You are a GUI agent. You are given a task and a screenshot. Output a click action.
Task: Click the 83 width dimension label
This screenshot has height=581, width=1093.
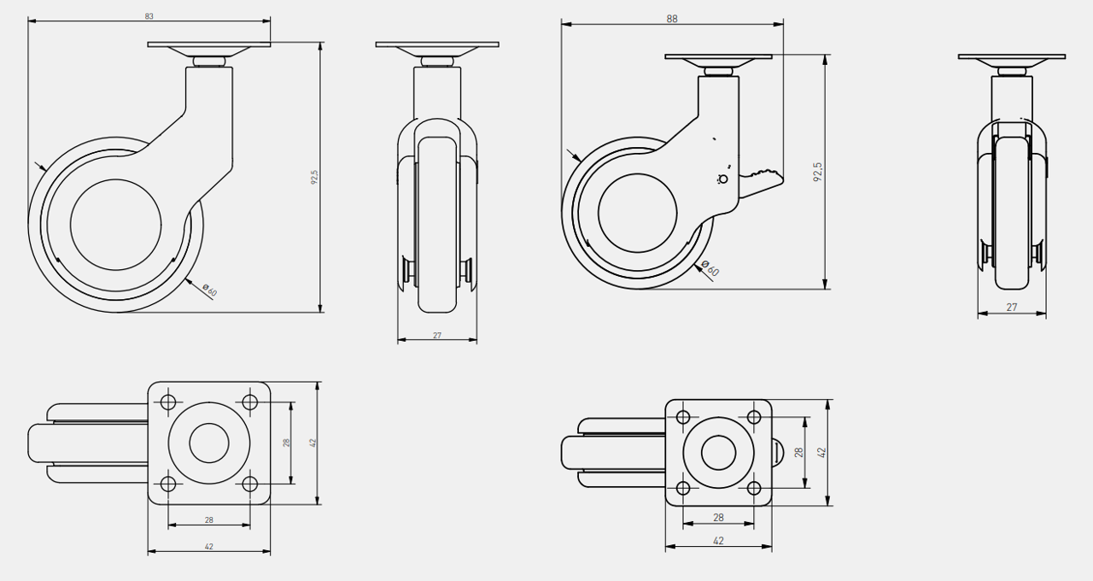[149, 16]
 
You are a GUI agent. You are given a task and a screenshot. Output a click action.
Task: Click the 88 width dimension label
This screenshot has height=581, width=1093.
[672, 19]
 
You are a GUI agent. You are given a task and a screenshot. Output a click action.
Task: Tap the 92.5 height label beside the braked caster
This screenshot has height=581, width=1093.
[818, 172]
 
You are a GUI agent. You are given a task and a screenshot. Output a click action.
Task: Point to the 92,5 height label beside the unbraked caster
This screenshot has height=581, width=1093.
[314, 177]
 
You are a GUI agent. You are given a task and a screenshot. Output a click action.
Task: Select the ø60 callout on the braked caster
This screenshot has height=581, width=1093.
[710, 268]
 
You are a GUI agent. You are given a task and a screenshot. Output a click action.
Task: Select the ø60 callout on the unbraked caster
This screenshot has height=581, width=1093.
[209, 290]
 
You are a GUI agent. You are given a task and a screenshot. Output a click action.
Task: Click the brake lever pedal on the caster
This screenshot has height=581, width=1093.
[761, 183]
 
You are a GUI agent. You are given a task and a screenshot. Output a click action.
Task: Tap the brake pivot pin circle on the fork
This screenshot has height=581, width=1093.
[723, 179]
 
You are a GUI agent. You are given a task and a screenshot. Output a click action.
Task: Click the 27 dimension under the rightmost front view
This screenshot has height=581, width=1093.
[1012, 307]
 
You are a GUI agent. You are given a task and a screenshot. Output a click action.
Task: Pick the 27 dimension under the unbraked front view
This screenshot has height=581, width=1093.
[436, 336]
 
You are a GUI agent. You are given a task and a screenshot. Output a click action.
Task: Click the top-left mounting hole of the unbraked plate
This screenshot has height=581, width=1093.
[168, 402]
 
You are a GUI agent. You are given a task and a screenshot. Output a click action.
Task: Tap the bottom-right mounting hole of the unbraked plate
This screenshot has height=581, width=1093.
[250, 484]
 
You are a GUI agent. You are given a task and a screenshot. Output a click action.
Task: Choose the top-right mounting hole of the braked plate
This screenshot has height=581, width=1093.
[754, 418]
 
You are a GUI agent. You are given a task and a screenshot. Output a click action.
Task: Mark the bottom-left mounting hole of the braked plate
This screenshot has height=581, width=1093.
[682, 488]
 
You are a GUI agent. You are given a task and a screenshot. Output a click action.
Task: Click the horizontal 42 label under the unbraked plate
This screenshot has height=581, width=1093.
[209, 546]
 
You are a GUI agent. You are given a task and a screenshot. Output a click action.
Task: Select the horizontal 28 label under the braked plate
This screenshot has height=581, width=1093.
[718, 517]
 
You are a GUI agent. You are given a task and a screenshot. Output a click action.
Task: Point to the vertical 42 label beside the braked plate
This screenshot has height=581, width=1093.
[822, 453]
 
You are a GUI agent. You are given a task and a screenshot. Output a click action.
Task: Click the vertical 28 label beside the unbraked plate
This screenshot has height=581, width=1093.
[286, 443]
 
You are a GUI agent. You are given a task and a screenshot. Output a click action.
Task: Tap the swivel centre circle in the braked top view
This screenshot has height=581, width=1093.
[718, 453]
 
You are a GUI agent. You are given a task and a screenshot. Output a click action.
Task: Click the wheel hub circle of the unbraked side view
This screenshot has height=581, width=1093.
[115, 225]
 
